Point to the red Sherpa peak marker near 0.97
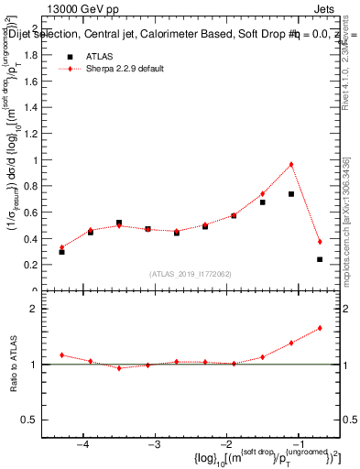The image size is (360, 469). point(291,165)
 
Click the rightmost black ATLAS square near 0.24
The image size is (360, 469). point(320,259)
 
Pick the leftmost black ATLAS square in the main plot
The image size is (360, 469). point(61,251)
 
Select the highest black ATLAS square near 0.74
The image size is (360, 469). point(291,194)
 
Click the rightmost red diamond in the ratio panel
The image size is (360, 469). point(320,328)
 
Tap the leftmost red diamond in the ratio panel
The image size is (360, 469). point(61,354)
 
